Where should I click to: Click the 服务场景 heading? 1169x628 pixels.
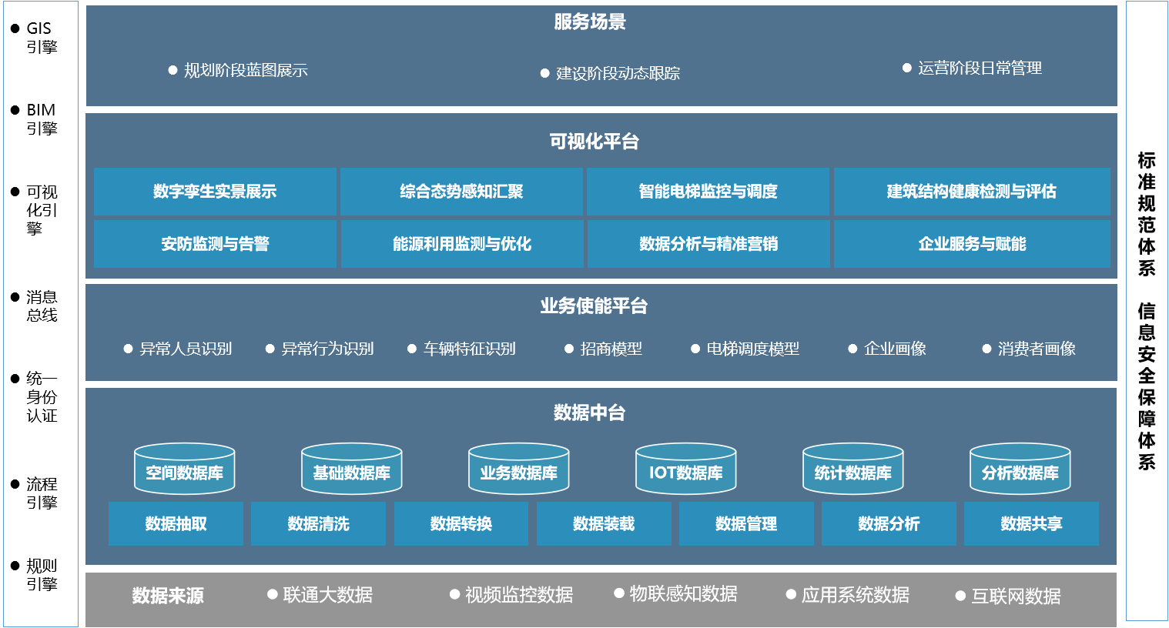(x=590, y=22)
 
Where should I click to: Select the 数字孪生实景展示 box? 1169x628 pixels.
(x=215, y=192)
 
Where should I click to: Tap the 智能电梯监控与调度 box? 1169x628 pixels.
(x=708, y=192)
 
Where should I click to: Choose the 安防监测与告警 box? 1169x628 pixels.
(x=215, y=244)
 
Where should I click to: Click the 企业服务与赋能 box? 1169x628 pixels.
(x=972, y=244)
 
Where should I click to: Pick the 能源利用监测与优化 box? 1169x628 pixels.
(x=462, y=244)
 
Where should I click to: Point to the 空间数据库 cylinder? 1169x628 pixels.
(x=185, y=469)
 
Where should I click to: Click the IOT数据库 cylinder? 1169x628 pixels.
(x=686, y=469)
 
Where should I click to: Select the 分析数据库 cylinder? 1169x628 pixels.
(x=1020, y=469)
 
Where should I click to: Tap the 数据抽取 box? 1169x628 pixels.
(x=176, y=524)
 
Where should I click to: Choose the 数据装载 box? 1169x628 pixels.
(x=604, y=524)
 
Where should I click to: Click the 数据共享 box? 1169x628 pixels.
(x=1031, y=524)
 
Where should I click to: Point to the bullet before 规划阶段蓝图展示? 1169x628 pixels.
(x=173, y=70)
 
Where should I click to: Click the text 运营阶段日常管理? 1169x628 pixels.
(x=980, y=68)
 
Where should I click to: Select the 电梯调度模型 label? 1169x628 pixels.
(x=752, y=349)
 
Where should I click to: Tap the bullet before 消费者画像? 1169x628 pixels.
(x=986, y=349)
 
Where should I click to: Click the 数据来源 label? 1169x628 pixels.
(x=168, y=596)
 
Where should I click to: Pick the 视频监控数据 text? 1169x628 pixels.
(x=519, y=595)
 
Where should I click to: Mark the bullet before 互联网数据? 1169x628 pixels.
(x=960, y=596)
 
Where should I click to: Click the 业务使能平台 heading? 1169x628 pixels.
(x=594, y=306)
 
